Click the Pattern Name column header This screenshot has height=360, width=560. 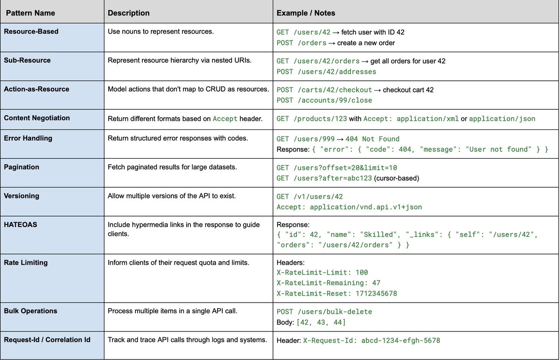[30, 13]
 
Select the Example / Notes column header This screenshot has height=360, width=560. [306, 13]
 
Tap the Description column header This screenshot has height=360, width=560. [129, 13]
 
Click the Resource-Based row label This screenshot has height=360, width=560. [31, 32]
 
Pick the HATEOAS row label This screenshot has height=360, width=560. [21, 225]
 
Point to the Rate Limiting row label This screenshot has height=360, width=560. [26, 262]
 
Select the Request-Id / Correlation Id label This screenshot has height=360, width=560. [47, 339]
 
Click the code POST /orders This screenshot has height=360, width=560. [301, 43]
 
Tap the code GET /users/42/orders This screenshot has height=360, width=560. [318, 61]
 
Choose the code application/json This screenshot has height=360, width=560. [502, 119]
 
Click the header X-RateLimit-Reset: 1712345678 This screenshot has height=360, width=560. [336, 294]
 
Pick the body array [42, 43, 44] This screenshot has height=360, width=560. [321, 322]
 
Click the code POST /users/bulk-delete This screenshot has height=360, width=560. [324, 311]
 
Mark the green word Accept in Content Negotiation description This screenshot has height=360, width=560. [225, 119]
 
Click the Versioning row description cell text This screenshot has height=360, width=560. [172, 196]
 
